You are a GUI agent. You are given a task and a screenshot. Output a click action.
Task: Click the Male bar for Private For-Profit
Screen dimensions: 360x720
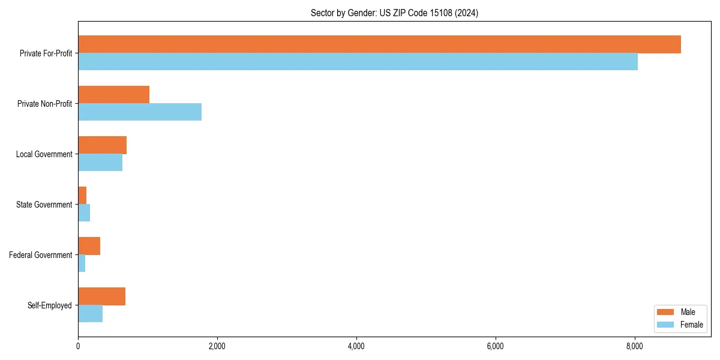pyautogui.click(x=379, y=44)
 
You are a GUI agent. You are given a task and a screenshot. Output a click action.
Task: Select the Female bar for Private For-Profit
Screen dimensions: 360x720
pyautogui.click(x=358, y=62)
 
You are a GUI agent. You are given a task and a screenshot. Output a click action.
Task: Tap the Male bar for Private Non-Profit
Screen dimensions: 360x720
pyautogui.click(x=113, y=95)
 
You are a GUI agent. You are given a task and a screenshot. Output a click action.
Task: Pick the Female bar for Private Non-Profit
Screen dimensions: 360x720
pyautogui.click(x=140, y=112)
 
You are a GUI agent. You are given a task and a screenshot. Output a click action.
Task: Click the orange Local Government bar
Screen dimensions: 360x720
pyautogui.click(x=102, y=145)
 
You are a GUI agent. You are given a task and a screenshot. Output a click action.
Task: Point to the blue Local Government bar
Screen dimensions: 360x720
pyautogui.click(x=100, y=163)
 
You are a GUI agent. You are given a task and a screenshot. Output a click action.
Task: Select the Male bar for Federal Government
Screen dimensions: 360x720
pyautogui.click(x=89, y=246)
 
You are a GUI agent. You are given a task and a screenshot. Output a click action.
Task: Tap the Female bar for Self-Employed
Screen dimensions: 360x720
pyautogui.click(x=90, y=314)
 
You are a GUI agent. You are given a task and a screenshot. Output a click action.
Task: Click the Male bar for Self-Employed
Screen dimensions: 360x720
pyautogui.click(x=101, y=296)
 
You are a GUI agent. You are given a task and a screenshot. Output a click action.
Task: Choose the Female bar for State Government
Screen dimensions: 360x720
pyautogui.click(x=84, y=213)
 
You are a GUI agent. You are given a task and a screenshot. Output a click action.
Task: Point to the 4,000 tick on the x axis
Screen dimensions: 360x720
pyautogui.click(x=356, y=346)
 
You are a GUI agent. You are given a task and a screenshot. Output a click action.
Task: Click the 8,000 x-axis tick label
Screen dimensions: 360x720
pyautogui.click(x=635, y=346)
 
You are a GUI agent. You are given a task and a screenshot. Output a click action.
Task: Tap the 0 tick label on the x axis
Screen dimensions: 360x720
pyautogui.click(x=78, y=346)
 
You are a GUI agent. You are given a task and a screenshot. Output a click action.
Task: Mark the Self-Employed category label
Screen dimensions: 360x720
pyautogui.click(x=50, y=305)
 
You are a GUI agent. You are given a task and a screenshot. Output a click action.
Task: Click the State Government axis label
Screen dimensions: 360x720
pyautogui.click(x=44, y=205)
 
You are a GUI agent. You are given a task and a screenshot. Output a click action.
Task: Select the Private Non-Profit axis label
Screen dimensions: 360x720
pyautogui.click(x=45, y=104)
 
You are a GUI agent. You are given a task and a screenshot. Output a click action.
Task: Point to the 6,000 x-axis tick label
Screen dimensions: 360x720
pyautogui.click(x=496, y=346)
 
